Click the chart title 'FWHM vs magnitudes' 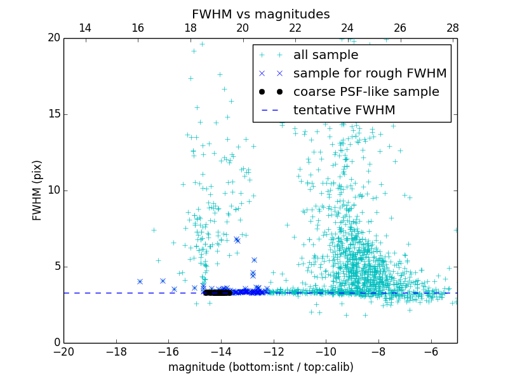tap(260, 14)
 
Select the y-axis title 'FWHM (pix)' tap(37, 190)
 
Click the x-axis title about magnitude tap(260, 367)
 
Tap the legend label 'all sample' tap(325, 55)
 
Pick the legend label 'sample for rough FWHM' tap(370, 74)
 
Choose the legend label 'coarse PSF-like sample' tap(366, 92)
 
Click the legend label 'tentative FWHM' tap(344, 110)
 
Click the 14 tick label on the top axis tap(84, 28)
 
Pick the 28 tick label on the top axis tap(452, 28)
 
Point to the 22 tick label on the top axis tap(295, 28)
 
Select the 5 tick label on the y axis tap(55, 267)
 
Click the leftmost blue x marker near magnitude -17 tap(140, 281)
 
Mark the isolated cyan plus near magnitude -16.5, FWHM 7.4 tap(154, 230)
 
